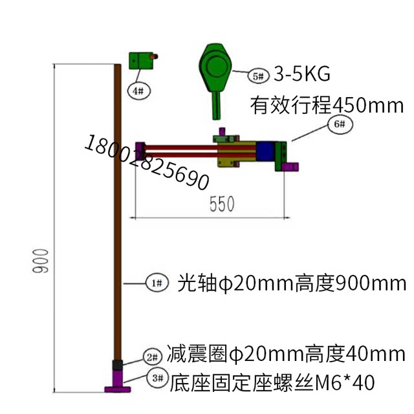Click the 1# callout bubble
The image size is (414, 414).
click(156, 283)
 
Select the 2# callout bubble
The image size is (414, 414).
click(152, 356)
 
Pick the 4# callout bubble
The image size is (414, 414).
click(138, 91)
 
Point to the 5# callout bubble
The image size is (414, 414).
click(257, 76)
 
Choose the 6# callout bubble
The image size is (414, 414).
click(341, 124)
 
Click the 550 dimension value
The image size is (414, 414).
click(221, 204)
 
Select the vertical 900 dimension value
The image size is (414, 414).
click(39, 261)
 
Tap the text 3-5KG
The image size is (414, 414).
click(301, 74)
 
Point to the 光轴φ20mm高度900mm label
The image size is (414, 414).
click(292, 283)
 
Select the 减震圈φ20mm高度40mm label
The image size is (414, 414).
click(285, 354)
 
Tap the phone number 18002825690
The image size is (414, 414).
click(146, 162)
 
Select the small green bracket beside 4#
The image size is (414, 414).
click(140, 60)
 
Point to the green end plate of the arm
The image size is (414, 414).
click(283, 155)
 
